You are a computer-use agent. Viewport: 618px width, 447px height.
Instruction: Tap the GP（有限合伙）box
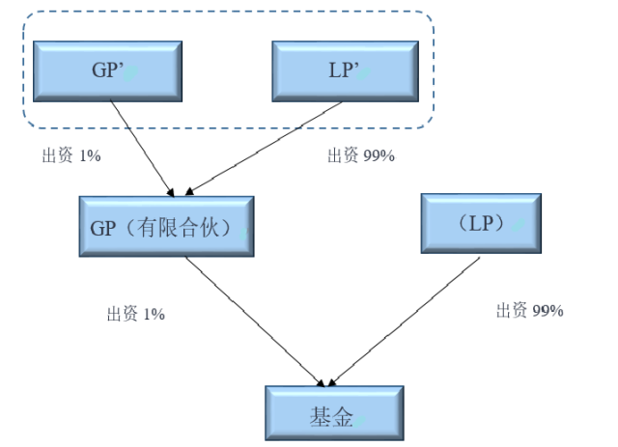tap(166, 226)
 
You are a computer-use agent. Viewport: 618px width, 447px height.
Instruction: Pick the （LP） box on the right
tap(481, 223)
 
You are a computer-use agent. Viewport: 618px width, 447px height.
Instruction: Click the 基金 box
tap(334, 414)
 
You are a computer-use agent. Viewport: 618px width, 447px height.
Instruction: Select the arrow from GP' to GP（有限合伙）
tap(143, 144)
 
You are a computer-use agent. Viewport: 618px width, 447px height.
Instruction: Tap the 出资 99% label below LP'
tap(360, 156)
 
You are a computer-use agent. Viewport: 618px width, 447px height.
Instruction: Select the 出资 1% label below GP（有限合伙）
tap(135, 314)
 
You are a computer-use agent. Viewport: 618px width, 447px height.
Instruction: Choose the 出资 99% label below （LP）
tap(529, 310)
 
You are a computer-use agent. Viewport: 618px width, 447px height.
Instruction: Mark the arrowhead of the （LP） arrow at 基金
tap(334, 380)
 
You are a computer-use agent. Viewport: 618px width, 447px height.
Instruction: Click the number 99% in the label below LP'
tap(379, 156)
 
